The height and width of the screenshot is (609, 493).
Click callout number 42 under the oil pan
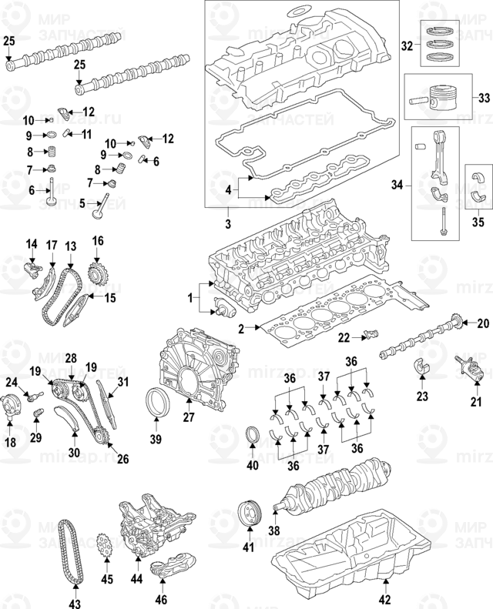coord(386,600)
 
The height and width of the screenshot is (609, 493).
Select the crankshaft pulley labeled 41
coord(247,513)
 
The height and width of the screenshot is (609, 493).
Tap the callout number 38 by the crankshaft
coord(272,530)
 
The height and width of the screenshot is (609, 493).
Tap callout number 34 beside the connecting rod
coord(397,186)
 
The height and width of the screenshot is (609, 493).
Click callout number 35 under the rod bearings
coord(478,223)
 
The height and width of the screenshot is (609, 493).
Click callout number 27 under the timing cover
coord(187,418)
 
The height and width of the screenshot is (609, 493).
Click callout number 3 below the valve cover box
coord(229,223)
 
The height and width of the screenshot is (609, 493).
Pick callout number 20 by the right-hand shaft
coord(484,323)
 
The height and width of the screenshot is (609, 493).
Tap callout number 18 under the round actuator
coord(11,443)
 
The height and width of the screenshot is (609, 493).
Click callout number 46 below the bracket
coord(161,599)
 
